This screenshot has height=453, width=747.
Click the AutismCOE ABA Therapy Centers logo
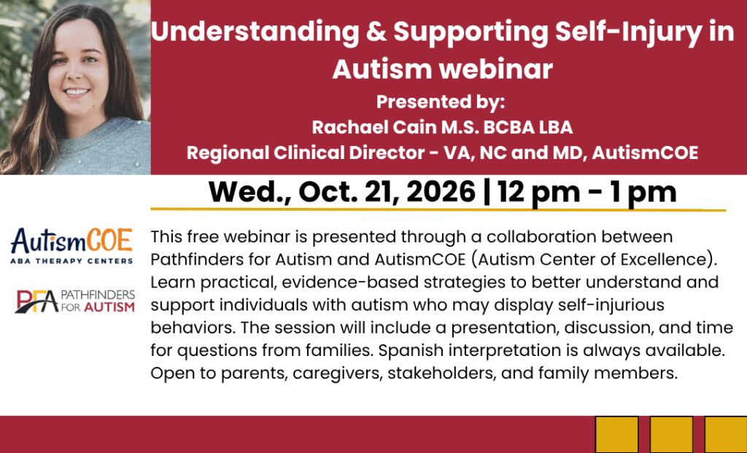71,246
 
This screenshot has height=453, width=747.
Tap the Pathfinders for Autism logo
75,301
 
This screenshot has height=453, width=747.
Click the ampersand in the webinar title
376,32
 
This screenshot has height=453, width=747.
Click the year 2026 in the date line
441,192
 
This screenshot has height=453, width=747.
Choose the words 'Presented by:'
441,102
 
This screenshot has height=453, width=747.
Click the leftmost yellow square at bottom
617,435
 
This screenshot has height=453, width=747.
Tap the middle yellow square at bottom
671,435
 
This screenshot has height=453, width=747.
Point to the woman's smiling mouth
77,92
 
